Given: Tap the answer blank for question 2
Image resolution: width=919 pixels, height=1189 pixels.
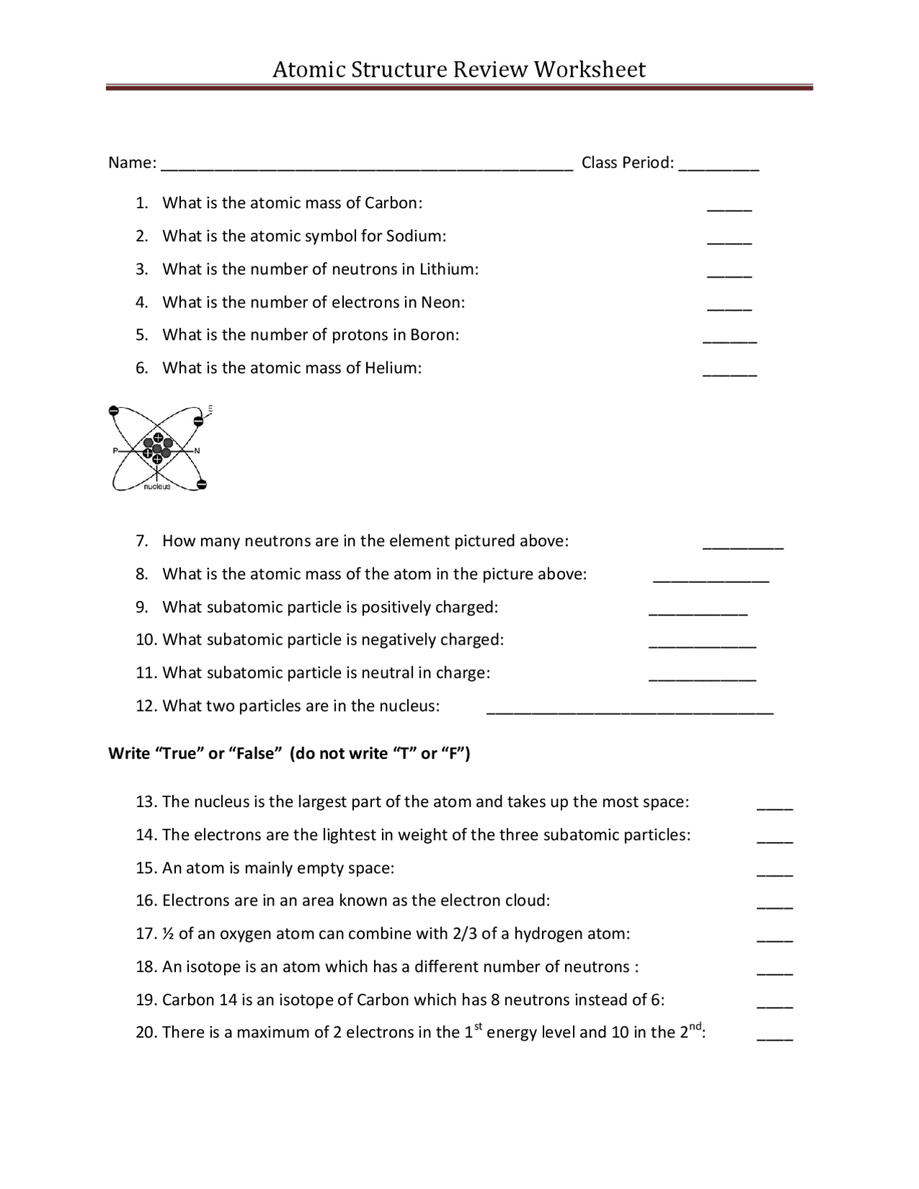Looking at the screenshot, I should coord(729,242).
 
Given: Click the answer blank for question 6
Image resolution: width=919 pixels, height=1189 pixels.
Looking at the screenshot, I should coord(729,374).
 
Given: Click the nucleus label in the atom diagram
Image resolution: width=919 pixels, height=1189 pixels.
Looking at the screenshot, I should coord(157,487).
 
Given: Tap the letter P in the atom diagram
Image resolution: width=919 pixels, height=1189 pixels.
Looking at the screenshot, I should coord(115,451).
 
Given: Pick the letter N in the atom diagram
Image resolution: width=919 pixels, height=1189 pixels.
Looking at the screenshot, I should coord(197,451).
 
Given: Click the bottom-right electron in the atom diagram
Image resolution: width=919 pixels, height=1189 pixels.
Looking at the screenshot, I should coord(202,485).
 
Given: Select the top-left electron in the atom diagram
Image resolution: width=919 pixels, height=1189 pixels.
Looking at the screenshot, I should coord(113,411).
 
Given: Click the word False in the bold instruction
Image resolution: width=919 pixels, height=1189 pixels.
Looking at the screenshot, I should coord(253,754).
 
